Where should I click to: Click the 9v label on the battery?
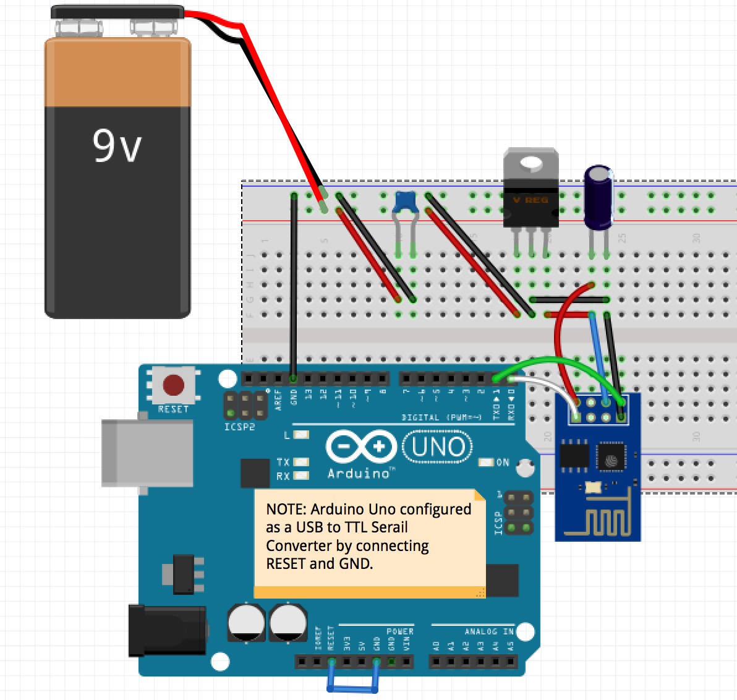[x=117, y=146]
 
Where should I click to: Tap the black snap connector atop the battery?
[x=117, y=12]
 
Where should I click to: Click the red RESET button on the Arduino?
[x=173, y=385]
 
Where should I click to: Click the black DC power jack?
[x=167, y=630]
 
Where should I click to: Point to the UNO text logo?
[x=438, y=447]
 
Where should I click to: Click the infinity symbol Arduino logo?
[x=362, y=446]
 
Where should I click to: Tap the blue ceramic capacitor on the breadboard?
[x=406, y=202]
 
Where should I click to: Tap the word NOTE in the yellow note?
[x=286, y=510]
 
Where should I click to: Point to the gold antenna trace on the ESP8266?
[x=599, y=523]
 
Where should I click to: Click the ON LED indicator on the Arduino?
[x=487, y=463]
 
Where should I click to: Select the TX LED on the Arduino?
[x=301, y=462]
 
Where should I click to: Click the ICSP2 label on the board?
[x=239, y=427]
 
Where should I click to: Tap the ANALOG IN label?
[x=489, y=631]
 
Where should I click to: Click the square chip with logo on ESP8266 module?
[x=611, y=458]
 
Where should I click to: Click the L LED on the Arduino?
[x=301, y=435]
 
